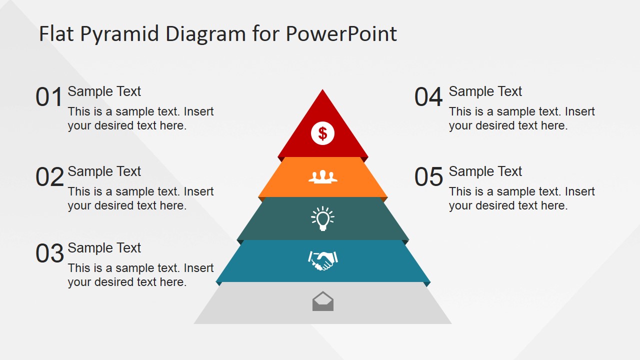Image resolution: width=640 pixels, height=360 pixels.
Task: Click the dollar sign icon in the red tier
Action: click(x=322, y=133)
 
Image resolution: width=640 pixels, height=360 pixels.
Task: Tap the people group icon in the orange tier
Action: click(x=322, y=176)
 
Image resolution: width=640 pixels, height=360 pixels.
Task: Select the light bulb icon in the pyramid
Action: click(x=322, y=218)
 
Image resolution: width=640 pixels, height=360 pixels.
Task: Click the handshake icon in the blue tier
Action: click(x=322, y=260)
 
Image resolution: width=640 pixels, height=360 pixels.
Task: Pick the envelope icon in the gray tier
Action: click(x=322, y=301)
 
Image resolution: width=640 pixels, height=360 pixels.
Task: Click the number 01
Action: click(x=49, y=97)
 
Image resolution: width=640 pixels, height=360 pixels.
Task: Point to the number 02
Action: click(x=49, y=177)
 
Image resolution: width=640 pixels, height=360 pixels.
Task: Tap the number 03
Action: click(x=49, y=253)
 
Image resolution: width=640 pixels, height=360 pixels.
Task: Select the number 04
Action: click(x=428, y=97)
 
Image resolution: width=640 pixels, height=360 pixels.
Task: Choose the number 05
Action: click(x=428, y=177)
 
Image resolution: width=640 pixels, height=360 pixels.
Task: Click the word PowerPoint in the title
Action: click(x=341, y=34)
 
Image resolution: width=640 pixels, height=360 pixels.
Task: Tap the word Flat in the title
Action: click(x=56, y=34)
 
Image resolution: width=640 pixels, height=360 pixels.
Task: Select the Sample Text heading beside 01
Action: click(x=104, y=91)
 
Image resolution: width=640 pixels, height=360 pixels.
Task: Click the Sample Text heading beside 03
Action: click(x=104, y=248)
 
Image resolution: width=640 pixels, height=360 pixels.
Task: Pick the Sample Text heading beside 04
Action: click(x=485, y=91)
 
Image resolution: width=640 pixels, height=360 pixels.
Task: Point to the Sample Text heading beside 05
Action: click(x=485, y=171)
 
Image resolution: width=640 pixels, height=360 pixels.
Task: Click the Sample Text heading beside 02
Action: click(x=104, y=171)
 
